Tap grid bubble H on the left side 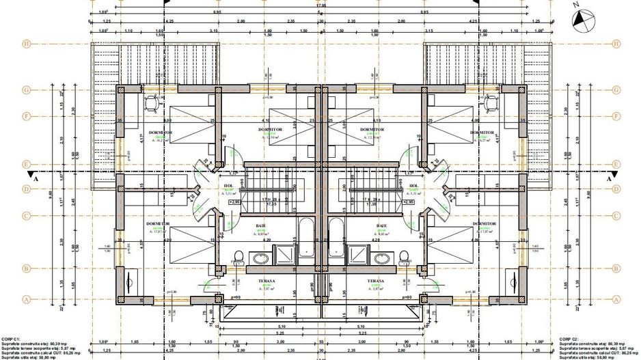8,43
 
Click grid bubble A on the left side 8,299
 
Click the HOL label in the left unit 229,186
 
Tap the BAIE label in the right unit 381,225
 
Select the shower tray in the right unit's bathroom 358,255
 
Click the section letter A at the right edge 608,176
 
